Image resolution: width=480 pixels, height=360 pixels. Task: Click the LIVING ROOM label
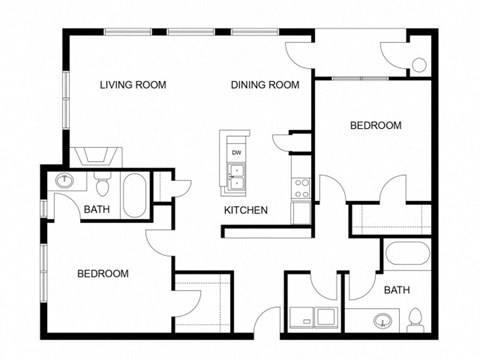[x=132, y=85]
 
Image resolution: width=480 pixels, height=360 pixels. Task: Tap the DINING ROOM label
[x=265, y=85]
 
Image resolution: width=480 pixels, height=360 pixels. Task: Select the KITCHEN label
[x=244, y=211]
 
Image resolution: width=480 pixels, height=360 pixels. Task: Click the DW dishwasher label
[x=237, y=152]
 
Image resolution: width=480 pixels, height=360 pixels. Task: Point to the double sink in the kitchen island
[x=237, y=177]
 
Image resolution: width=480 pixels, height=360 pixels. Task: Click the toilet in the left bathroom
[x=101, y=187]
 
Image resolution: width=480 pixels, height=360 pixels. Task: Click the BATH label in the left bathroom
[x=96, y=210]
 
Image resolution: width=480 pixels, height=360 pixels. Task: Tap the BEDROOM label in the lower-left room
[x=103, y=273]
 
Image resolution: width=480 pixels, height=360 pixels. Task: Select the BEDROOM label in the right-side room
[x=375, y=126]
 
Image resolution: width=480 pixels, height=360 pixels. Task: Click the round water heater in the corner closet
[x=420, y=66]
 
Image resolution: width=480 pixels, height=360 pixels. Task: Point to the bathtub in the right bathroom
[x=408, y=257]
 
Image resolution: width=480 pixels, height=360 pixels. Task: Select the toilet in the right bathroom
[x=417, y=320]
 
